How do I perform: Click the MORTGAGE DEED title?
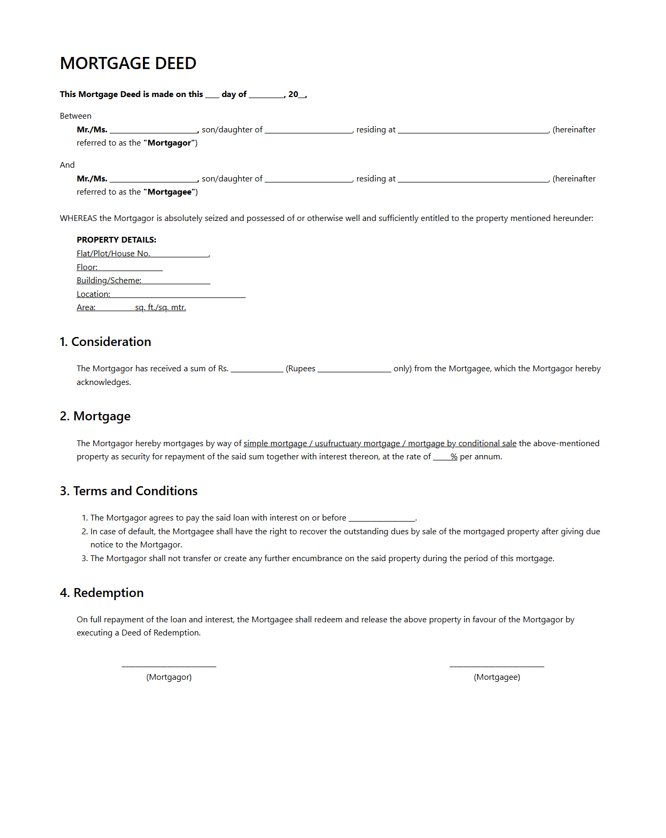click(128, 63)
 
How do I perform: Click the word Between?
click(75, 116)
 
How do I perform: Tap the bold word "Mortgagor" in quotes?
click(170, 143)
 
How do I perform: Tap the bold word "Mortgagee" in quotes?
click(170, 192)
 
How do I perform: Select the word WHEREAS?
click(78, 218)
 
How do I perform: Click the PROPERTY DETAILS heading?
click(117, 240)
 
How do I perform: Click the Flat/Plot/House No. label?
click(113, 254)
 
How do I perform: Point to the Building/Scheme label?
click(109, 281)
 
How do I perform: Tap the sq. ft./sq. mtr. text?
click(160, 307)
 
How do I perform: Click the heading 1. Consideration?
click(105, 342)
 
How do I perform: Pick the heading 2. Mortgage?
click(95, 416)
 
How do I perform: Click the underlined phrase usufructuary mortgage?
click(357, 444)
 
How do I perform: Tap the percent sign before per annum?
click(453, 457)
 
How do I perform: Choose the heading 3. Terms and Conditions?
click(129, 491)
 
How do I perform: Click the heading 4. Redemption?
click(102, 593)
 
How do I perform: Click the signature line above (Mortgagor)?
click(169, 666)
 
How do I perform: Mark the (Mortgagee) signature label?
click(497, 677)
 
